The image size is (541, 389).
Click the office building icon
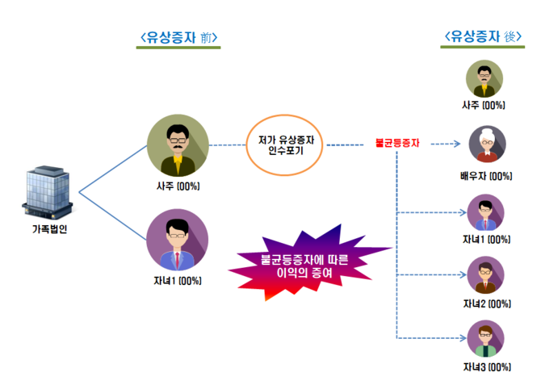48,191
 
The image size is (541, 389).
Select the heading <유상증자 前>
179,37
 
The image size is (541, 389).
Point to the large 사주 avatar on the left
178,146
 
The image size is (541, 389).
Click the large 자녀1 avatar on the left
177,239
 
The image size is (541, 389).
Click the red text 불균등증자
397,145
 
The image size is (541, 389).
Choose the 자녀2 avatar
485,276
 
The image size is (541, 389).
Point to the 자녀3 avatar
485,339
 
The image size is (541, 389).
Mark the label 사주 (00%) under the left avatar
178,186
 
